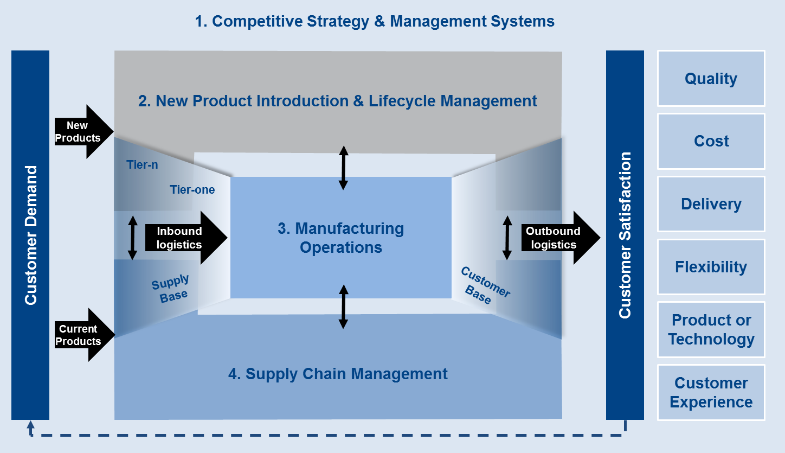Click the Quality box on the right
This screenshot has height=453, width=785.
(x=711, y=79)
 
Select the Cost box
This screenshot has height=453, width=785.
(x=711, y=141)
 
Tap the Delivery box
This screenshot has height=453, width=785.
(x=711, y=204)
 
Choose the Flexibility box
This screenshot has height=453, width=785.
(x=711, y=267)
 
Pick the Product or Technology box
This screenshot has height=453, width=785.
(x=711, y=329)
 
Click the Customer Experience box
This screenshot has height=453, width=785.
(x=711, y=392)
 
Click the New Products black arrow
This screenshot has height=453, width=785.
(x=81, y=132)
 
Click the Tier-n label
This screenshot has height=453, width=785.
(x=142, y=165)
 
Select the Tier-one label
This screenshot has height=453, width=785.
(x=192, y=190)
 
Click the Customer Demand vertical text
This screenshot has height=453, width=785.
(x=31, y=235)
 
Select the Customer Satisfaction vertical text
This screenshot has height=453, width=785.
(x=625, y=235)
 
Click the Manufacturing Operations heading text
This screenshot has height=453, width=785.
(x=341, y=238)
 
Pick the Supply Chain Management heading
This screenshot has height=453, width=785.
(x=338, y=374)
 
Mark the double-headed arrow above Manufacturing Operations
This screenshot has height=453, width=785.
(x=343, y=167)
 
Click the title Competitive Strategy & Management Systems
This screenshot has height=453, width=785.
(x=375, y=21)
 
